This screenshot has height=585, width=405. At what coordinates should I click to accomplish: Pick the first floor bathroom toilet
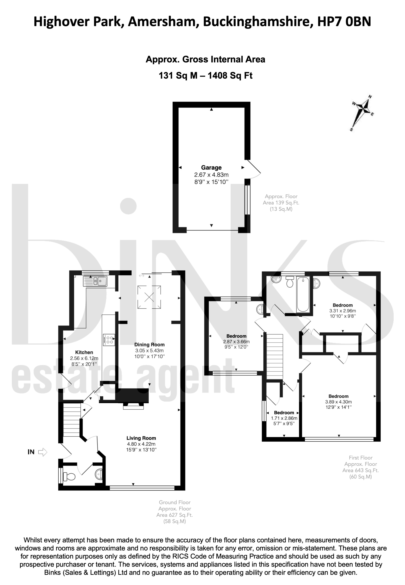[289, 282]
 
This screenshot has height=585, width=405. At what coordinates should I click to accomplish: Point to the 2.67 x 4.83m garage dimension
[211, 175]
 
